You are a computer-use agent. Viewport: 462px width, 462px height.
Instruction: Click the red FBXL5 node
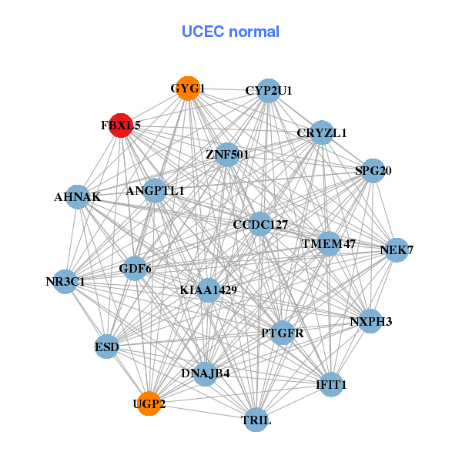click(x=121, y=125)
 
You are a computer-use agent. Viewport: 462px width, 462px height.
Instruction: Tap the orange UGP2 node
click(x=149, y=403)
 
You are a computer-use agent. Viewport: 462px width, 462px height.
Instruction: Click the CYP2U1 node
click(x=268, y=90)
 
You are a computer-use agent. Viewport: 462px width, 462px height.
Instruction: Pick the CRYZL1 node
click(x=322, y=132)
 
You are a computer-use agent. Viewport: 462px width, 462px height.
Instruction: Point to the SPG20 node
click(x=373, y=171)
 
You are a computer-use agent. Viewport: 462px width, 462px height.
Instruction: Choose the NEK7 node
click(x=397, y=250)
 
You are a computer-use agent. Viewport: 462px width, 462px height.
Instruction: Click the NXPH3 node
click(x=370, y=321)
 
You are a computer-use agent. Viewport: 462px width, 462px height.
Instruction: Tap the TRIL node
click(x=256, y=420)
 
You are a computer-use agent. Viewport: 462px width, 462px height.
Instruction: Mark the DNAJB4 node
click(x=205, y=373)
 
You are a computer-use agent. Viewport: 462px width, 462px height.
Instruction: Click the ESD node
click(x=107, y=347)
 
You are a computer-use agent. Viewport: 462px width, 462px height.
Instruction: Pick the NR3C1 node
click(x=65, y=282)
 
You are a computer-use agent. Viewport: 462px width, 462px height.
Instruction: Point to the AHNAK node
click(x=77, y=197)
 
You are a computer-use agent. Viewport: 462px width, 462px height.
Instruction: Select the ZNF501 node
click(x=226, y=155)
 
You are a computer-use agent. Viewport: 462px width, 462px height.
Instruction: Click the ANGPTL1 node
click(x=155, y=190)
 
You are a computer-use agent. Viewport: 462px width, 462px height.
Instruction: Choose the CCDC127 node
click(x=260, y=225)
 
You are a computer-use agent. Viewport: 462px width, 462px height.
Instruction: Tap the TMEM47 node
click(x=329, y=244)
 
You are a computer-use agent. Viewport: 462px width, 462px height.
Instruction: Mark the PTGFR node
click(x=282, y=333)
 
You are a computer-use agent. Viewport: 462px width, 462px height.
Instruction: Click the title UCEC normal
click(x=230, y=32)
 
